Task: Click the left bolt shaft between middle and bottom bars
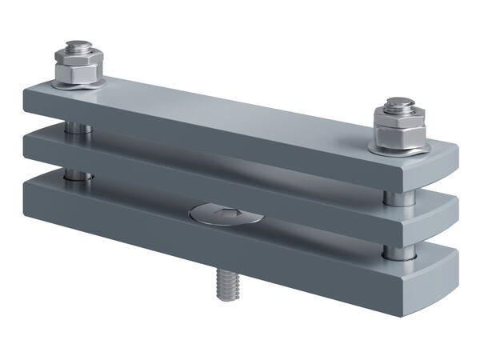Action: pyautogui.click(x=74, y=174)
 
